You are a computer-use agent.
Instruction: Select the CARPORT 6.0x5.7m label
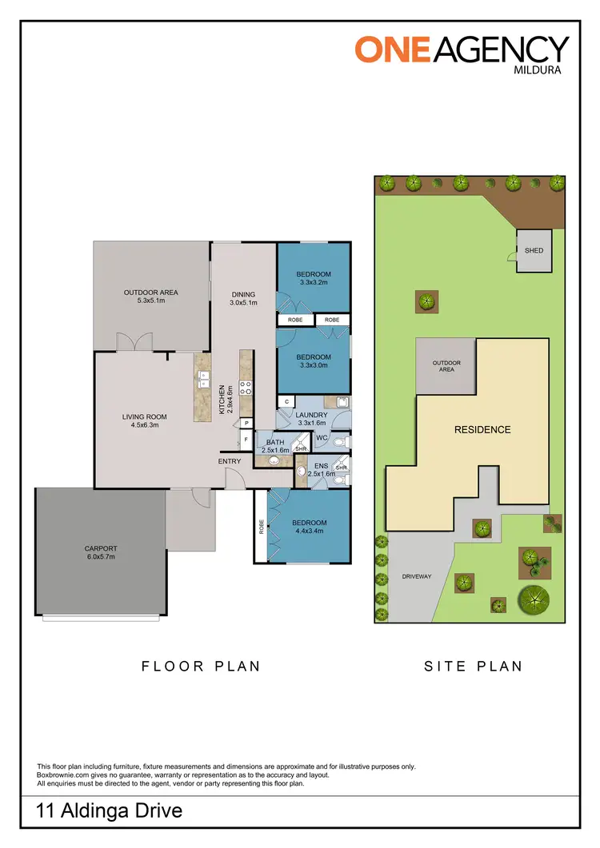(x=100, y=552)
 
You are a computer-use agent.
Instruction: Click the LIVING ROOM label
(x=144, y=420)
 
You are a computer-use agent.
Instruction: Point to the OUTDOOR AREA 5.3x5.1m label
(x=150, y=297)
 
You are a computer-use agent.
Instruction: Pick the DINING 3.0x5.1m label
(x=243, y=298)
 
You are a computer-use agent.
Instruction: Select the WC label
(x=322, y=438)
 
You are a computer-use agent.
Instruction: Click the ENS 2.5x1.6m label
(x=321, y=469)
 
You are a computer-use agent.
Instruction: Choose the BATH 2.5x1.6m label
(x=275, y=446)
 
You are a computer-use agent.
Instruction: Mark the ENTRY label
(x=230, y=461)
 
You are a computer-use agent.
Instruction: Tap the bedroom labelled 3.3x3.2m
(x=314, y=278)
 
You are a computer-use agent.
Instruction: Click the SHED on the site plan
(x=534, y=250)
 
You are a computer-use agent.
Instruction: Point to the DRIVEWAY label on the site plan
(x=417, y=576)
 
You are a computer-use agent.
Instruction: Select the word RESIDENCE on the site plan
(x=482, y=429)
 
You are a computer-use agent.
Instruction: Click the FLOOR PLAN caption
(x=201, y=666)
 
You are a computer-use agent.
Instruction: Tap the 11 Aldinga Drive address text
(x=110, y=811)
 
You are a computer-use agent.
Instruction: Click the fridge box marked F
(x=246, y=439)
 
